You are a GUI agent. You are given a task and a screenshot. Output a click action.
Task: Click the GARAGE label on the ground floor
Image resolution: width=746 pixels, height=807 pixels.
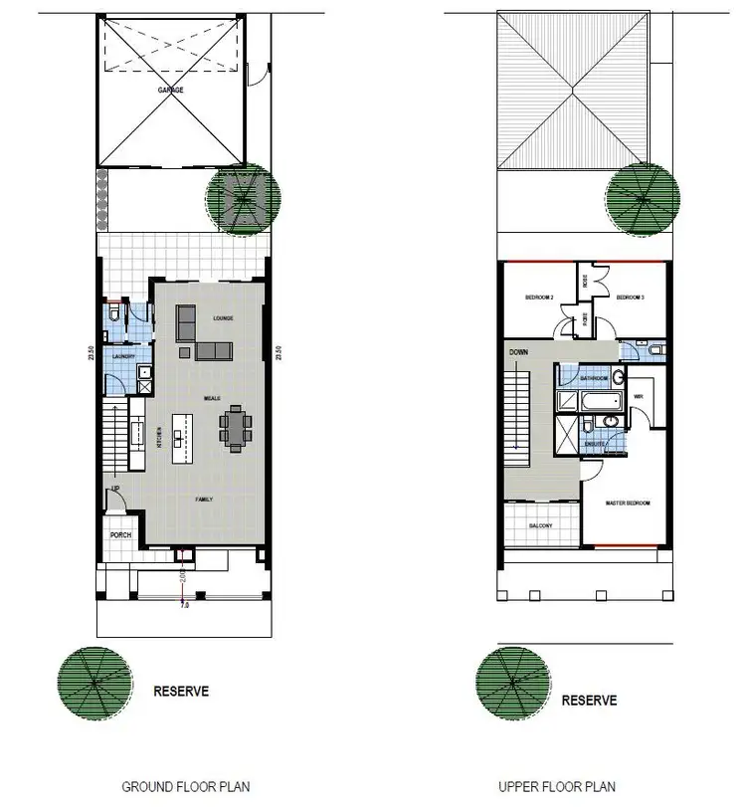click(x=170, y=90)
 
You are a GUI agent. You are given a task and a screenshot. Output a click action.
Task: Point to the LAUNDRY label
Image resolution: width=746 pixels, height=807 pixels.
click(x=122, y=356)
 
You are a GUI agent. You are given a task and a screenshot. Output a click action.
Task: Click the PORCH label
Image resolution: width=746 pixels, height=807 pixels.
click(x=120, y=535)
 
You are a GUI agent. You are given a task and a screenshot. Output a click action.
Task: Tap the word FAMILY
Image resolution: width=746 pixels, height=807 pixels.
click(x=206, y=497)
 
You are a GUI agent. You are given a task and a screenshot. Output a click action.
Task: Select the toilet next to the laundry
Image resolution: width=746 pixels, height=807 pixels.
click(x=116, y=315)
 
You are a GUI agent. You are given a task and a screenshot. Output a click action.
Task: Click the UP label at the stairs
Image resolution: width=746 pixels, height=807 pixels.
click(x=116, y=490)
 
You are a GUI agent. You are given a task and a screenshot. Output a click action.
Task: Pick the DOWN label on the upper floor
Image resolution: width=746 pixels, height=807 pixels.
click(x=519, y=353)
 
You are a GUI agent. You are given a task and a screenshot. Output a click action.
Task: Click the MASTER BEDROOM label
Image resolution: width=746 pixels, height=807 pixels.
click(x=628, y=504)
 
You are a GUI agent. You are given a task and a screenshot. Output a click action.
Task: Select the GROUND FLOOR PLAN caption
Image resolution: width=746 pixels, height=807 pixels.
click(x=186, y=786)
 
